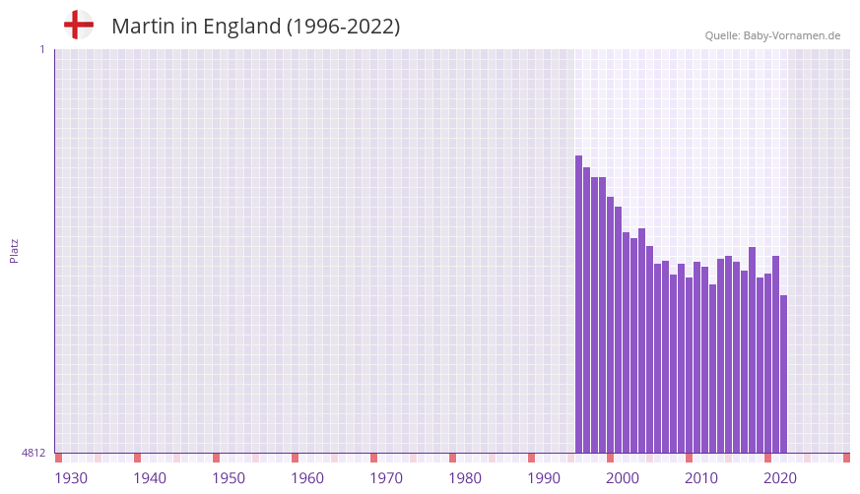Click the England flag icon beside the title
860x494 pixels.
tap(79, 25)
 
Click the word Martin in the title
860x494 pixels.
tap(143, 27)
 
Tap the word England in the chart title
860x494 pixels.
tap(242, 27)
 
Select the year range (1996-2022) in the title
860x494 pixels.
tap(343, 27)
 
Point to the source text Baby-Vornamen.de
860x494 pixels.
tap(792, 35)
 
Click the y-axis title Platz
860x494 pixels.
tap(15, 250)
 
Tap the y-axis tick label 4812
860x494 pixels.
tap(33, 453)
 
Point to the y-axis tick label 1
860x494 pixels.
tap(41, 49)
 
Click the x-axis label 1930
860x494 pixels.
tap(71, 478)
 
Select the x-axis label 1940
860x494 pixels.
tap(150, 478)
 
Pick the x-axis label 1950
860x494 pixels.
tap(229, 478)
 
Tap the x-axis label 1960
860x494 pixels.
tap(307, 478)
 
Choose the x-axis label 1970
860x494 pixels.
tap(386, 478)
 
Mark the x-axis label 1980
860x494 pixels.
tap(465, 478)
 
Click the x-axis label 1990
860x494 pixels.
tap(544, 478)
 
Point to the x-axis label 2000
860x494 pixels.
tap(623, 478)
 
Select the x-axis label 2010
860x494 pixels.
tap(701, 478)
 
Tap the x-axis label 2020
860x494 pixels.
tap(780, 478)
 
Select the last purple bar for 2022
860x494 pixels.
tap(784, 374)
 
